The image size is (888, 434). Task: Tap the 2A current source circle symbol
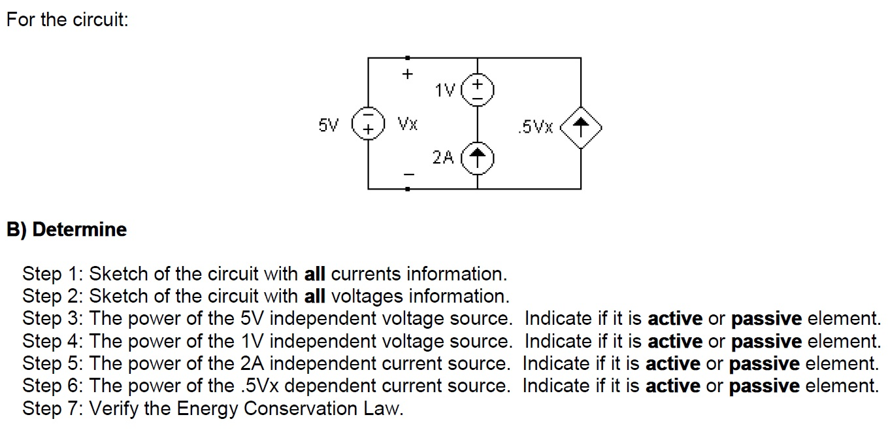pos(478,156)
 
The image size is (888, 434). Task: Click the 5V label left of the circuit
pos(329,124)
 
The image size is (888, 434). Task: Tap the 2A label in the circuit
pos(442,157)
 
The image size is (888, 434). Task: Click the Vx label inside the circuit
pos(408,124)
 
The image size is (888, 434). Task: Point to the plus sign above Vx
pos(407,75)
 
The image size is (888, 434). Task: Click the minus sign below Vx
pos(408,174)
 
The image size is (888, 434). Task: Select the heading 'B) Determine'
pos(66,229)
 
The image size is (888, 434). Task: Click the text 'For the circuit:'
pos(67,20)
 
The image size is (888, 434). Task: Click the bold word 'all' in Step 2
pos(315,297)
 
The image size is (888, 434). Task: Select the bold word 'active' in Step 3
pos(675,319)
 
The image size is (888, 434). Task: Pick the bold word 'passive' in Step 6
pos(764,386)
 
